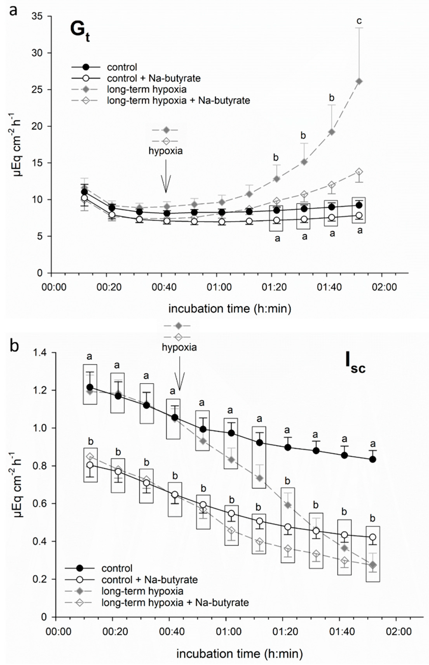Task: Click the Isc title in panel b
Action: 355,365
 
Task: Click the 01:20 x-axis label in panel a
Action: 274,287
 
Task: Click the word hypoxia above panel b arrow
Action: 179,347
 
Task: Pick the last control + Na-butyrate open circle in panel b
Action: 373,537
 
